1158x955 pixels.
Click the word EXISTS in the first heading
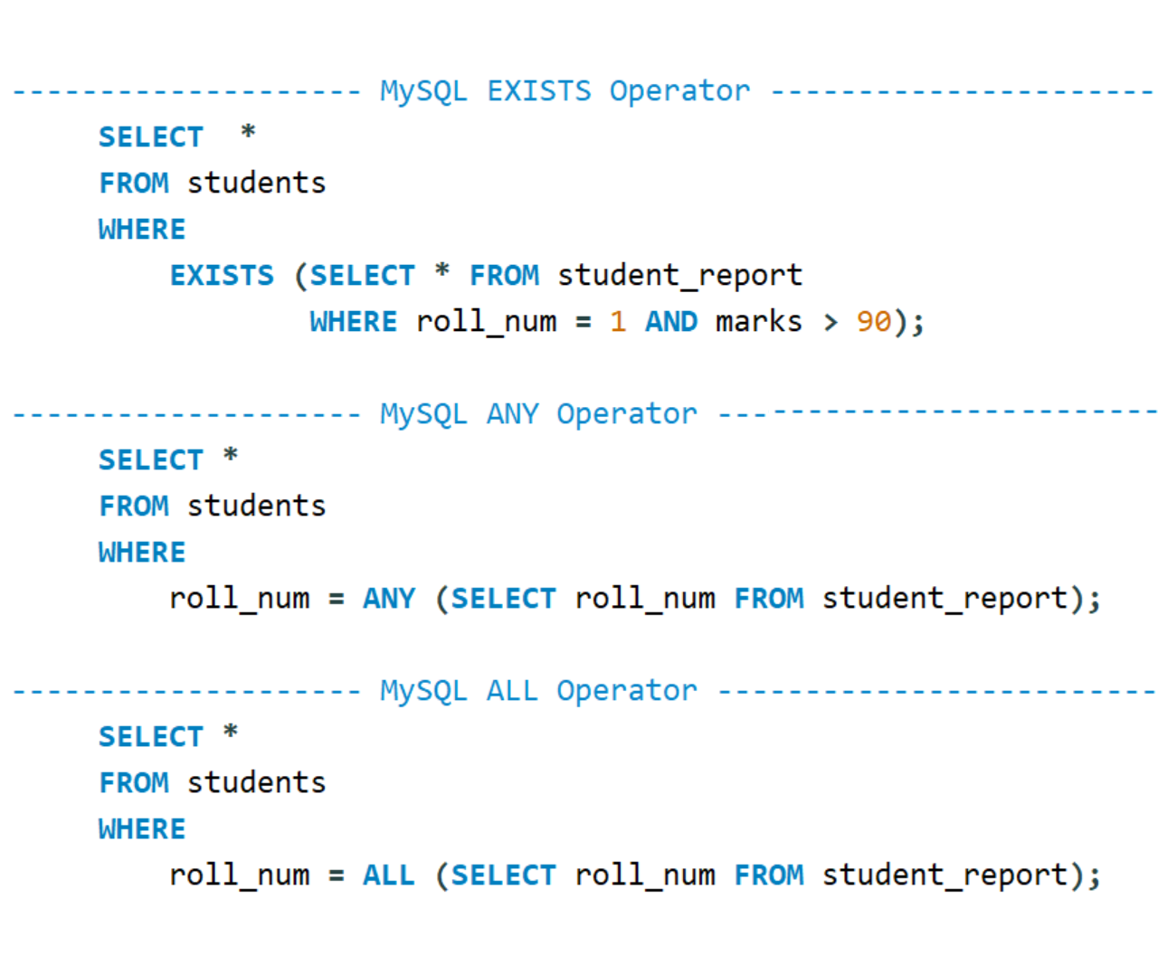(x=538, y=90)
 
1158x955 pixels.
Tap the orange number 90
(x=873, y=322)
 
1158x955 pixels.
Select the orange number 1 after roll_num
(x=618, y=322)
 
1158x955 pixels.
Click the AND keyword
(x=670, y=322)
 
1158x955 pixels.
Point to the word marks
(x=758, y=322)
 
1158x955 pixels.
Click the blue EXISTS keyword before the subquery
(x=222, y=275)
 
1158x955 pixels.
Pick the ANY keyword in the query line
(x=389, y=599)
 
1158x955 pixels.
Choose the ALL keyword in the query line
(x=389, y=875)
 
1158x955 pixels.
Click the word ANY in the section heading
(x=512, y=414)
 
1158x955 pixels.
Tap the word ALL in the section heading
(x=512, y=691)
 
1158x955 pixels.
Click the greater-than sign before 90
(x=831, y=322)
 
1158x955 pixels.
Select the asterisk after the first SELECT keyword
(x=248, y=134)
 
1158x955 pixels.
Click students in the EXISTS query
(x=256, y=183)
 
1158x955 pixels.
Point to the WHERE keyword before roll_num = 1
(x=353, y=322)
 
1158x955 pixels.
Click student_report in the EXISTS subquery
(x=679, y=275)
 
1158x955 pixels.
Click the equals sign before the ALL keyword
(x=337, y=875)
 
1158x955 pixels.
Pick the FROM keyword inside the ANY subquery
(x=769, y=599)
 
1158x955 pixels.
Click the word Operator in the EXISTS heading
(x=679, y=90)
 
